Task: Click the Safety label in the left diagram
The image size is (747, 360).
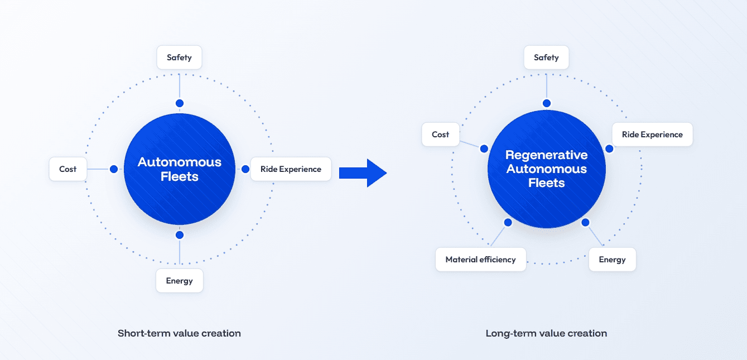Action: [180, 57]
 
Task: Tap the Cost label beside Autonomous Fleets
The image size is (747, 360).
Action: [68, 169]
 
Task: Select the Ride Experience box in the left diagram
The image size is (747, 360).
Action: [291, 169]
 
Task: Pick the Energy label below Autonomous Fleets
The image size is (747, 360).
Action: [180, 281]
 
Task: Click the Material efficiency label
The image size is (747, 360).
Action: [480, 260]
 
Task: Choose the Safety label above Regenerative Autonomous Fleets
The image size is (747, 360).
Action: [546, 57]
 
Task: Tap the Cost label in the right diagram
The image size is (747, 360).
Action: [441, 135]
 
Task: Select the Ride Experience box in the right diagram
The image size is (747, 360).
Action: [652, 135]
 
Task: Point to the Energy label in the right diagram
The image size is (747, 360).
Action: [613, 260]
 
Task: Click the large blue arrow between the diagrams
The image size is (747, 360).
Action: [363, 173]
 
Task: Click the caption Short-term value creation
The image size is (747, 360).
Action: [179, 333]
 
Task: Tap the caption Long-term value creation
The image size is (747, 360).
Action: [546, 333]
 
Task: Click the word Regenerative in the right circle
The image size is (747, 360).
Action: [546, 155]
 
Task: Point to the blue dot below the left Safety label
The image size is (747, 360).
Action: [180, 103]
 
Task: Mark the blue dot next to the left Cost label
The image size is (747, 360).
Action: [114, 169]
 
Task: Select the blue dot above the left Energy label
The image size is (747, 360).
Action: [180, 235]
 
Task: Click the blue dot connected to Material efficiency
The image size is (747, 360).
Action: [508, 223]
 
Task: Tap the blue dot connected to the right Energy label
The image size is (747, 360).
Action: [585, 223]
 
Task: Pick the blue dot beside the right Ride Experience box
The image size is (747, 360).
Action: [609, 149]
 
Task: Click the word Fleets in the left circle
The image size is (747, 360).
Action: [180, 176]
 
